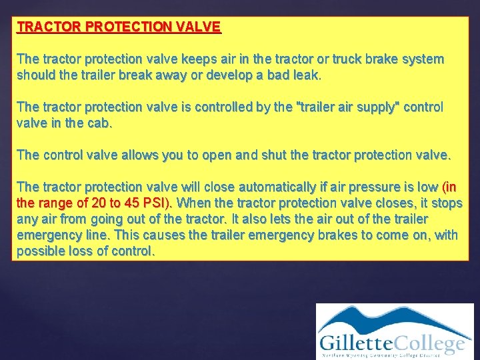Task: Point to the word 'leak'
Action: [305, 75]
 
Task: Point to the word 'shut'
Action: [257, 155]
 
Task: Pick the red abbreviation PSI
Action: [161, 203]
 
